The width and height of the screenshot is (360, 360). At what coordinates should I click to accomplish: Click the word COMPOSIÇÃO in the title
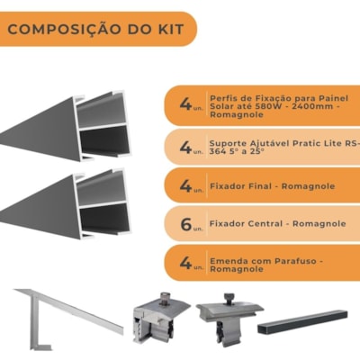(x=63, y=30)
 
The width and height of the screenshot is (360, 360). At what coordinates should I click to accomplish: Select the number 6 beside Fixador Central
(x=185, y=224)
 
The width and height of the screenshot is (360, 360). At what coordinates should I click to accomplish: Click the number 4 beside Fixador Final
(x=185, y=186)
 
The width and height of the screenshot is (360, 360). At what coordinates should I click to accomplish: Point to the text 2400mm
(x=314, y=106)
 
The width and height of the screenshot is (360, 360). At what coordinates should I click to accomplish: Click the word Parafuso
(x=293, y=261)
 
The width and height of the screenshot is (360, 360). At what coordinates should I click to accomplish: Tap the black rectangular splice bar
(x=302, y=322)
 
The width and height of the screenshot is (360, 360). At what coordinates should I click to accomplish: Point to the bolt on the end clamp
(x=165, y=298)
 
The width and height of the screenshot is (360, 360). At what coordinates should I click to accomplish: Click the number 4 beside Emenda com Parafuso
(x=185, y=263)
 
